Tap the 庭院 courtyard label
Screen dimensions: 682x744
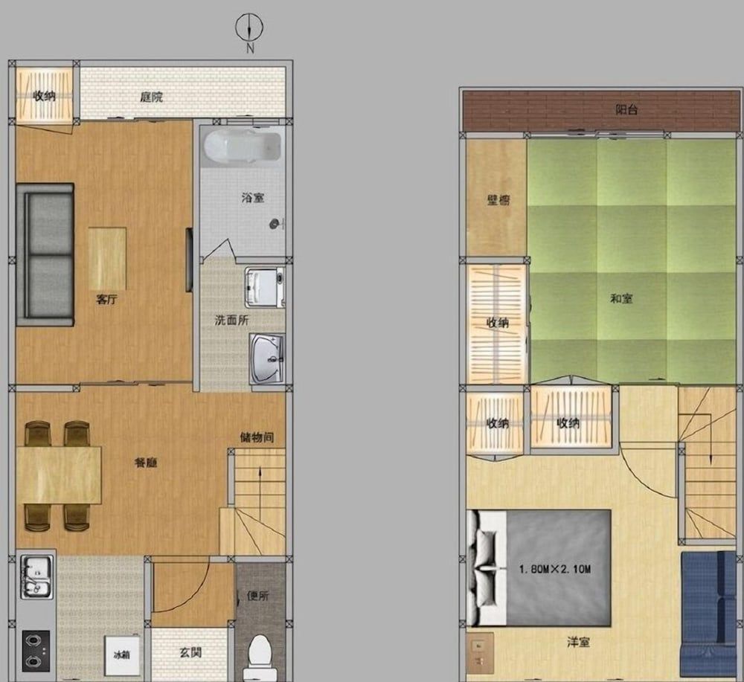coord(152,97)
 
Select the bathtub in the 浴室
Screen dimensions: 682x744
coord(241,146)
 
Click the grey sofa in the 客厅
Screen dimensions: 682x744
coord(45,254)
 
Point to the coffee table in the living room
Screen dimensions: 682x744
coord(107,258)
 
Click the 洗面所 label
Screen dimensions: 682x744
coord(231,321)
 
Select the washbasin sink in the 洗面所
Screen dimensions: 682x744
coord(267,358)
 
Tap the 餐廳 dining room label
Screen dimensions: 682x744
coord(146,462)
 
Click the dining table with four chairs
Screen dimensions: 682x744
coord(58,474)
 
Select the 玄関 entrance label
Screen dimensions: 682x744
coord(190,653)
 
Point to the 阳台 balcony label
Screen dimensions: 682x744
coord(626,109)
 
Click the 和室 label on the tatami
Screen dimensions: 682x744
coord(621,298)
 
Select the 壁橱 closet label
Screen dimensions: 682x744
coord(498,199)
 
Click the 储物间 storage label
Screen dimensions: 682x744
coord(257,437)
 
